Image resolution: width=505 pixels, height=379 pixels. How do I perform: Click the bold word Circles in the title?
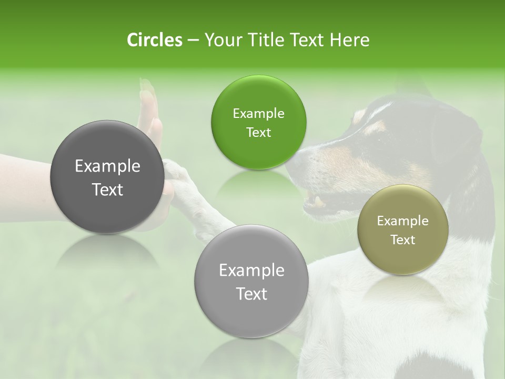(154, 40)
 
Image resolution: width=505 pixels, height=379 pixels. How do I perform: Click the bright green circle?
(258, 123)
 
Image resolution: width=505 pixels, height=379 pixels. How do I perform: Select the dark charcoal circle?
(107, 177)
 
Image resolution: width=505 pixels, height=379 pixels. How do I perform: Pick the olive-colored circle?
(403, 230)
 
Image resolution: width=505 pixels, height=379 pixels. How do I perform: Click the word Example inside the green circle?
(258, 114)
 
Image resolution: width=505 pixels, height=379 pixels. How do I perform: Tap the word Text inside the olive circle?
(403, 240)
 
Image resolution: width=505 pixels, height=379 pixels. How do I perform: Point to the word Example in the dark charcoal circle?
(107, 166)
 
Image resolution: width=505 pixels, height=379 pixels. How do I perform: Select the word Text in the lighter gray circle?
(251, 294)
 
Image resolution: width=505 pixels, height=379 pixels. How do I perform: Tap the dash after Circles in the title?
(193, 40)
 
